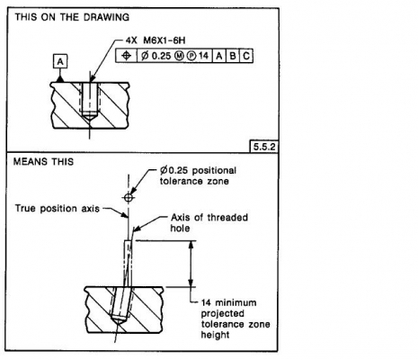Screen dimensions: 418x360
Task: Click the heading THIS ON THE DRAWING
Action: point(72,17)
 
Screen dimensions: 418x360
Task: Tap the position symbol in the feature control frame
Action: point(127,56)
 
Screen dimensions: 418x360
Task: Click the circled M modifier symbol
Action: point(179,56)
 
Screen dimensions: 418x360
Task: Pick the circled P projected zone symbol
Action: point(191,56)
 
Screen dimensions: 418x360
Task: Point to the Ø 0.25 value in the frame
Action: point(156,56)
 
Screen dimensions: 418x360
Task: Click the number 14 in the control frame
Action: point(203,56)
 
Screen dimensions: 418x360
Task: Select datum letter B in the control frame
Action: point(233,56)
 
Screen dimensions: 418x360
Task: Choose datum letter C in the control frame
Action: point(246,56)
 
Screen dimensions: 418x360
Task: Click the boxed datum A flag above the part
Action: point(60,61)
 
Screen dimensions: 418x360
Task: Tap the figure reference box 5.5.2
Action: point(264,147)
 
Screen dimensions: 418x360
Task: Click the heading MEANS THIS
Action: point(43,162)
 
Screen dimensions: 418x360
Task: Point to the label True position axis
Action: point(58,208)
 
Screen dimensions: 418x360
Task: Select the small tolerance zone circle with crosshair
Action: point(129,198)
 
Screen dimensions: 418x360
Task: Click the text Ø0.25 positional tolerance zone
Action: point(198,175)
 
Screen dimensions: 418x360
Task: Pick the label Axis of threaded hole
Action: point(209,222)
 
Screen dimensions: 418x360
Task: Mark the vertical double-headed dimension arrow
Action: point(191,264)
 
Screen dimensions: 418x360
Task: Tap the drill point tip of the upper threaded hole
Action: point(89,121)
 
